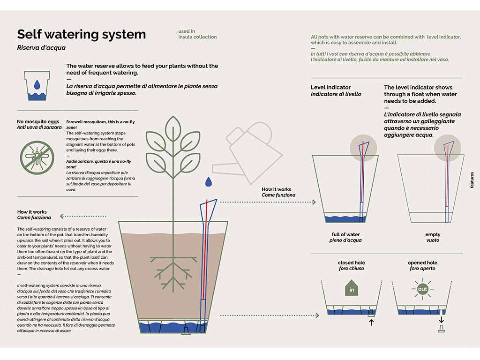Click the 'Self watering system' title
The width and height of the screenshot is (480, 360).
[81, 34]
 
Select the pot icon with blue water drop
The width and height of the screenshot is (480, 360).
[37, 85]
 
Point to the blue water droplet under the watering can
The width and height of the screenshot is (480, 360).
[208, 181]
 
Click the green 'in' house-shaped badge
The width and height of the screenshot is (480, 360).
[352, 288]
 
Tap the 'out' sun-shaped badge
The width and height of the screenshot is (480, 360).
[423, 289]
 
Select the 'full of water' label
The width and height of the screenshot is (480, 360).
[345, 234]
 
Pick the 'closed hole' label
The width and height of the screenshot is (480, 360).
[351, 263]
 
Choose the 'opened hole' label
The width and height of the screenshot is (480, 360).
[422, 263]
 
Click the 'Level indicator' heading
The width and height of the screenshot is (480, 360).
[330, 87]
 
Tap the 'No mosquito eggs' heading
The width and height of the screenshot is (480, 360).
[37, 122]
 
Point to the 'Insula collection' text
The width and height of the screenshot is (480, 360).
[197, 37]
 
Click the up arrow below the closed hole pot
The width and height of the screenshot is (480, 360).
[371, 322]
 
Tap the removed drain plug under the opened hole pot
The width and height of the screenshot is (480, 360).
[442, 330]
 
